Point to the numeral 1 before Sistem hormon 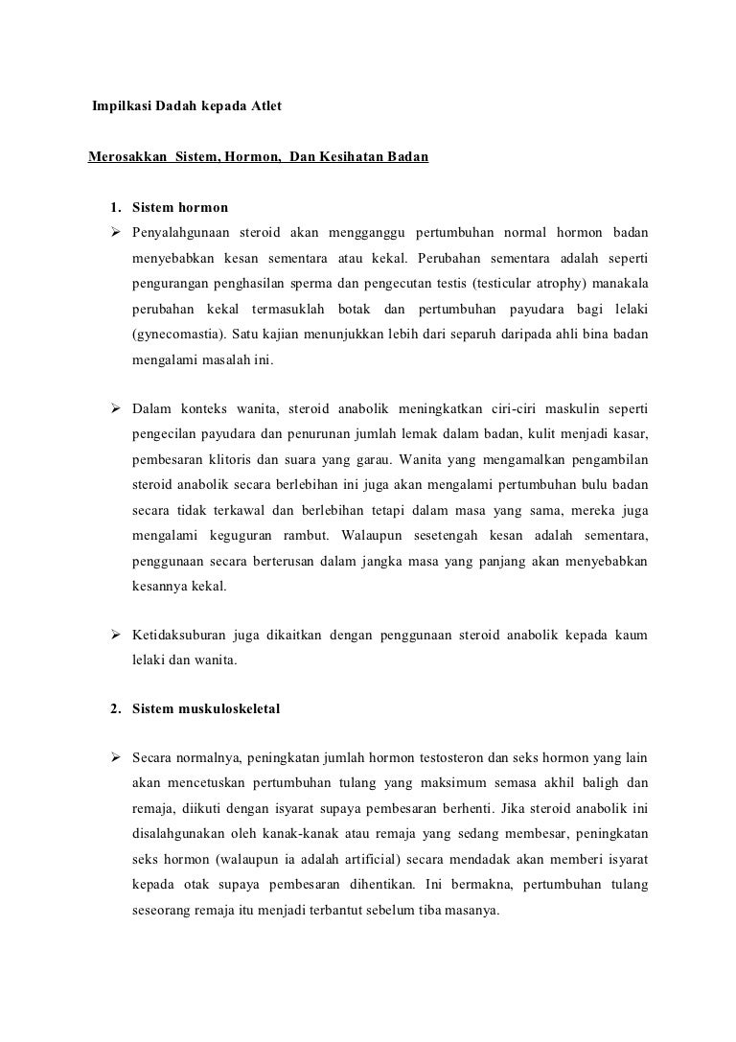coord(114,206)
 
